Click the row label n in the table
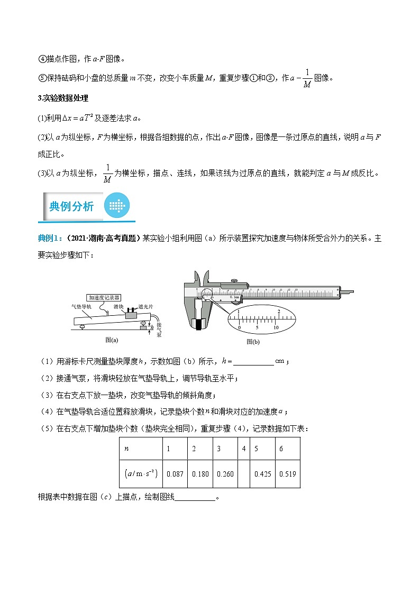(x=126, y=449)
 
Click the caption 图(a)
(x=112, y=340)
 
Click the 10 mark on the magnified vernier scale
(x=275, y=328)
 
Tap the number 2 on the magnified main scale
(x=278, y=311)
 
